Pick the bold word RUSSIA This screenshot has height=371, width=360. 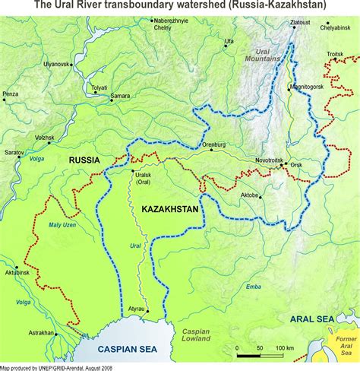click(84, 160)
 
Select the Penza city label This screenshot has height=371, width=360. click(10, 94)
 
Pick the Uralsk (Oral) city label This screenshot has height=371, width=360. click(142, 177)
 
